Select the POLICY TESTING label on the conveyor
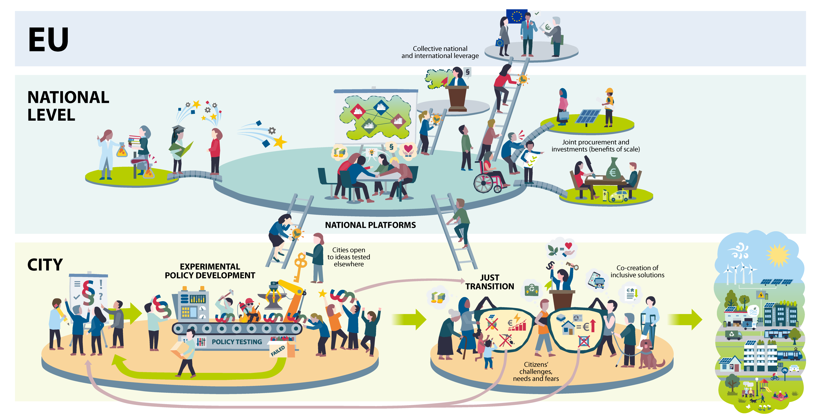(x=237, y=342)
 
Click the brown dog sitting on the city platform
(x=647, y=354)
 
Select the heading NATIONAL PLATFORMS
(x=370, y=225)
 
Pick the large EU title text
(x=49, y=40)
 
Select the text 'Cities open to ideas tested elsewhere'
(x=349, y=257)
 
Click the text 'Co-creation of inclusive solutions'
(x=637, y=271)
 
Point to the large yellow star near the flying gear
(x=280, y=142)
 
